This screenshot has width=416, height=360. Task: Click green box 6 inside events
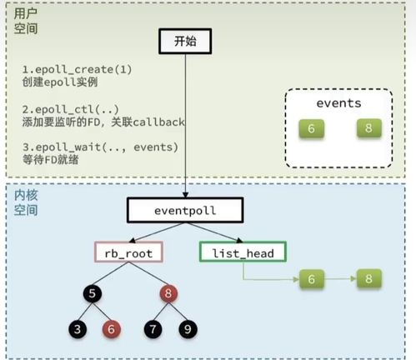(x=310, y=129)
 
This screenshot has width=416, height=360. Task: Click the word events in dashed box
(x=338, y=102)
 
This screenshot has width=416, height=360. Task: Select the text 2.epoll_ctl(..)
(x=60, y=110)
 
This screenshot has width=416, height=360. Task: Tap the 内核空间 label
(x=28, y=202)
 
